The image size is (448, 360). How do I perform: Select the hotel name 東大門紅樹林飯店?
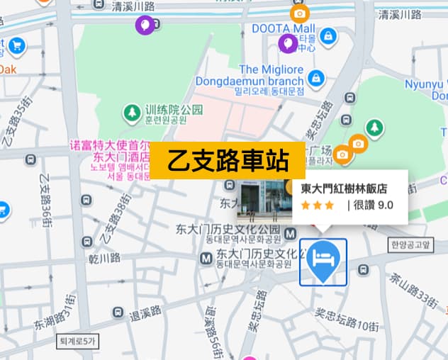(344, 189)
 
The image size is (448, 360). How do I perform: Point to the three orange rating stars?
(317, 206)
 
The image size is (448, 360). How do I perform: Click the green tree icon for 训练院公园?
(131, 111)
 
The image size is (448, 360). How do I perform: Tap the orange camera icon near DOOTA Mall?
(299, 13)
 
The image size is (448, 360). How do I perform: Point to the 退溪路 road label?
(146, 313)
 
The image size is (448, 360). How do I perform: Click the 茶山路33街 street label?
(415, 288)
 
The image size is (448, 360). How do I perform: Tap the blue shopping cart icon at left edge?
(16, 47)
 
